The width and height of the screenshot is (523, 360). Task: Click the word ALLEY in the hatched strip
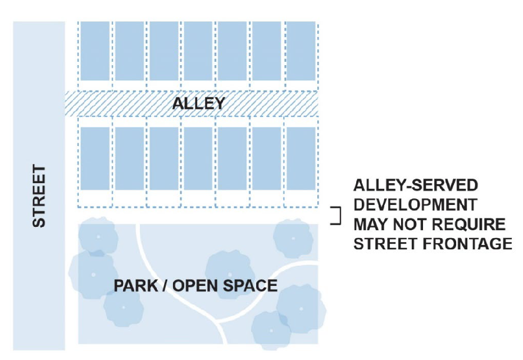[x=198, y=103]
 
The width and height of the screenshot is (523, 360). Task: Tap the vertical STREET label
[x=39, y=196]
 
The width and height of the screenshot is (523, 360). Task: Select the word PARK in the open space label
[x=135, y=285]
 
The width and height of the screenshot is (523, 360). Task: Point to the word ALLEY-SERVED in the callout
[x=416, y=186]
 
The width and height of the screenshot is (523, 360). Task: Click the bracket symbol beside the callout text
[x=337, y=216]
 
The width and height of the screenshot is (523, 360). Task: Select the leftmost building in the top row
[x=94, y=51]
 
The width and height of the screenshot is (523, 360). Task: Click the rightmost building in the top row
[x=301, y=51]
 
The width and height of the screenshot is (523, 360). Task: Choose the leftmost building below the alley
[x=94, y=158]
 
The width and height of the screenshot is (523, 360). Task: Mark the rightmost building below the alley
[x=301, y=158]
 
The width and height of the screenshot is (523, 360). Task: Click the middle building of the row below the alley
[x=198, y=158]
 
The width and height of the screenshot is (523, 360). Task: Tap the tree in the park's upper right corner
[x=293, y=237]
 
